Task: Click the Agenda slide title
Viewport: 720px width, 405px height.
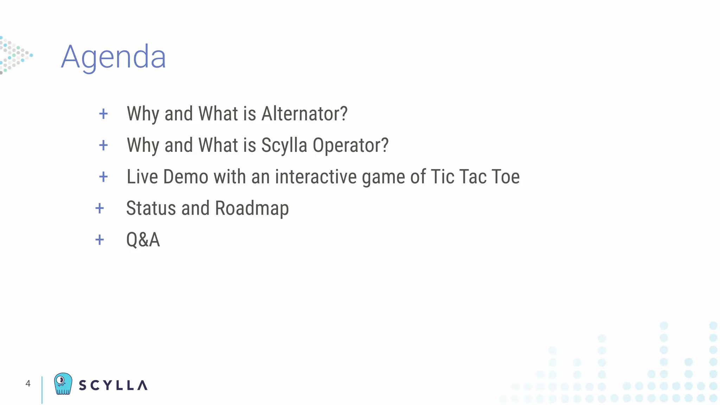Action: pyautogui.click(x=113, y=57)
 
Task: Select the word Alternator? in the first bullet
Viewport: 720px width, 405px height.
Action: pyautogui.click(x=304, y=114)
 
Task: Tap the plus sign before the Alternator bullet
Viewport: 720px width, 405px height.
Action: pyautogui.click(x=103, y=114)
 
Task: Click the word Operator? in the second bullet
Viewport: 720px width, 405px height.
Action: pyautogui.click(x=351, y=145)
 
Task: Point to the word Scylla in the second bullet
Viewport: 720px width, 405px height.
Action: pyautogui.click(x=284, y=145)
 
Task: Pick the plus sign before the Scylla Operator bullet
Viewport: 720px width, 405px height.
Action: pyautogui.click(x=103, y=145)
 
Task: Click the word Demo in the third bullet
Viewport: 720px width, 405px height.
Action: pyautogui.click(x=186, y=176)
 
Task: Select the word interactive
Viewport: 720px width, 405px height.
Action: pyautogui.click(x=316, y=176)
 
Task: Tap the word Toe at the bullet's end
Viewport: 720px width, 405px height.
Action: pyautogui.click(x=506, y=176)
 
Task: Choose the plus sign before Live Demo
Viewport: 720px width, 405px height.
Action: pyautogui.click(x=103, y=177)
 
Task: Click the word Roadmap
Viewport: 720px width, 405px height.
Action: pyautogui.click(x=252, y=208)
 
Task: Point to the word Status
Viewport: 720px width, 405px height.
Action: pyautogui.click(x=151, y=208)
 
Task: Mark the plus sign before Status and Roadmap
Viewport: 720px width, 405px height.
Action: pyautogui.click(x=100, y=208)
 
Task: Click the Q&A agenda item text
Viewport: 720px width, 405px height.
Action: pyautogui.click(x=143, y=240)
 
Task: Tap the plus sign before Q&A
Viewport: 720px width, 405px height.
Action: pyautogui.click(x=100, y=240)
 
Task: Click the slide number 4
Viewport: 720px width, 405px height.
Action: pyautogui.click(x=28, y=384)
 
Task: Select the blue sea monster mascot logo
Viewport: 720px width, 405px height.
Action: pyautogui.click(x=63, y=384)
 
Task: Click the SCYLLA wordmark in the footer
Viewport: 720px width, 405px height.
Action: pyautogui.click(x=113, y=385)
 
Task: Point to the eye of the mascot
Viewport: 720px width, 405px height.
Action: pyautogui.click(x=61, y=380)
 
